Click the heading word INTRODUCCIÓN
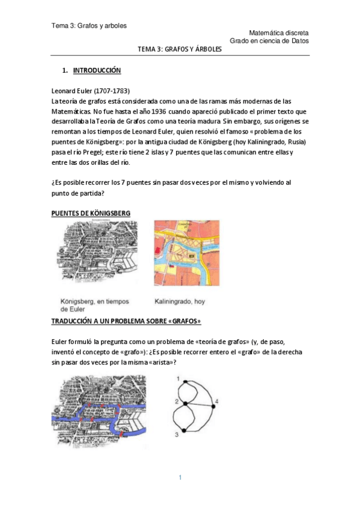(x=97, y=70)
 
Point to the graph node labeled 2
(x=186, y=402)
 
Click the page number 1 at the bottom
(x=180, y=478)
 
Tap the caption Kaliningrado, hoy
(x=180, y=301)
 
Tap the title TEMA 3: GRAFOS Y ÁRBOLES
(x=180, y=51)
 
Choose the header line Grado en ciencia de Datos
(x=269, y=41)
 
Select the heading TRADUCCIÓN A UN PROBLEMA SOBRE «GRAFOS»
(x=126, y=321)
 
